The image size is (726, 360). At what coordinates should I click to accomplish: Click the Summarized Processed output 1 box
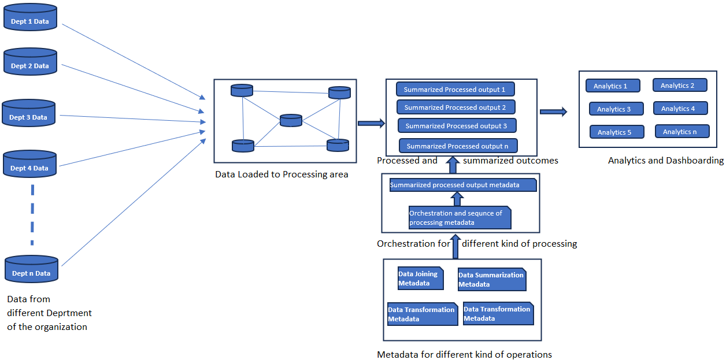(455, 90)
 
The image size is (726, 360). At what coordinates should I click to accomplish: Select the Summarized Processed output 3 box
(457, 126)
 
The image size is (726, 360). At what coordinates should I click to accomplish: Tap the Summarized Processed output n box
(458, 146)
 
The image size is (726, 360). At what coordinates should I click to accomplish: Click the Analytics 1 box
(612, 86)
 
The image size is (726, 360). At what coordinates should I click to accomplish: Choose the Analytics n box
(681, 132)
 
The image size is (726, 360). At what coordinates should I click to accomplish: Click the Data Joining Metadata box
(420, 279)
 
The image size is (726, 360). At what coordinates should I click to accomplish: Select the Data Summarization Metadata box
(492, 280)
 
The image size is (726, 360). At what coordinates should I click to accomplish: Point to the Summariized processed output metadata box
(462, 185)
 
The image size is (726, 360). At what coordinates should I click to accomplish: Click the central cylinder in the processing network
(291, 121)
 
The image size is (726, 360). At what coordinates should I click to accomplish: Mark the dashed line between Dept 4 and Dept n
(32, 214)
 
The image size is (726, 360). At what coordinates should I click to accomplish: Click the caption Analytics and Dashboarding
(666, 161)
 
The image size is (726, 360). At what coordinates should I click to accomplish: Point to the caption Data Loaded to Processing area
(281, 174)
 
